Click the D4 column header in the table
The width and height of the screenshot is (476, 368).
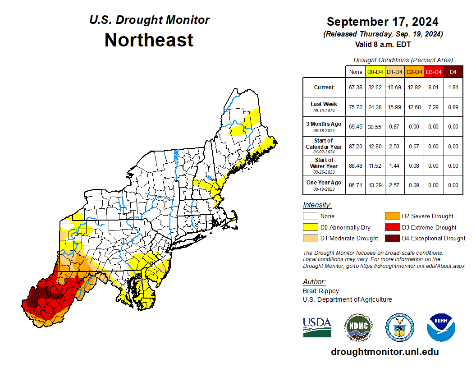tap(453, 72)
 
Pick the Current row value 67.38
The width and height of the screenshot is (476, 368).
tap(356, 87)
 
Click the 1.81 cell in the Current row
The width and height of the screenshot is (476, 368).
tap(453, 87)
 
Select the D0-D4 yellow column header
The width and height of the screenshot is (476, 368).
tap(375, 72)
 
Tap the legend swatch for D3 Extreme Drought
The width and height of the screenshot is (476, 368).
tap(392, 227)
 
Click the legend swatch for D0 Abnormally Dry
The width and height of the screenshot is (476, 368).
tap(310, 227)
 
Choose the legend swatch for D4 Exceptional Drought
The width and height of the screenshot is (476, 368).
tap(392, 238)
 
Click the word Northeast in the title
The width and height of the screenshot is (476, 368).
tap(149, 40)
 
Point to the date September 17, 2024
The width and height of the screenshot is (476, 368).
tap(382, 22)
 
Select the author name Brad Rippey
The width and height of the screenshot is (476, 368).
tap(321, 291)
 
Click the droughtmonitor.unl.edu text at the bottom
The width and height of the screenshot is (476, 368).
tap(384, 352)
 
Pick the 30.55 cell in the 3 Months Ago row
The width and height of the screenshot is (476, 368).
tap(375, 127)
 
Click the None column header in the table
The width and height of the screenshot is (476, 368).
tap(356, 72)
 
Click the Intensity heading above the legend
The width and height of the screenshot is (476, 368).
tap(317, 205)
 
